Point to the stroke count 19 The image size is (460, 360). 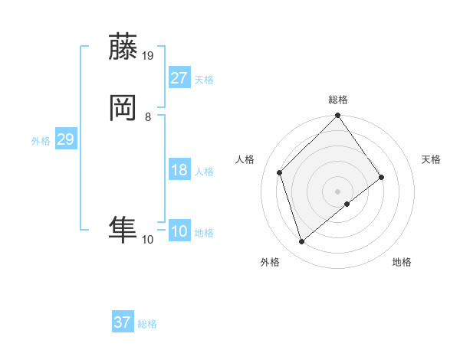click(x=148, y=56)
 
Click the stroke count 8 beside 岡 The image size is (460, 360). click(x=148, y=117)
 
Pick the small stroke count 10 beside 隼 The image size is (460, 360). click(x=148, y=240)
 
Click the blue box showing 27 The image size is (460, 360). click(x=179, y=78)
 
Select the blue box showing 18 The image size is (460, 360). click(x=179, y=170)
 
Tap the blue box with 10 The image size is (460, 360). click(x=179, y=231)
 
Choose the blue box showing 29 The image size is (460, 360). click(x=66, y=139)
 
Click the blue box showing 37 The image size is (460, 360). click(x=123, y=322)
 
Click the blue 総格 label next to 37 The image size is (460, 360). click(x=147, y=324)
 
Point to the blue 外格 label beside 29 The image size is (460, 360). click(x=41, y=141)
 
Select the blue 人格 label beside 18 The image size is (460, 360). click(x=205, y=172)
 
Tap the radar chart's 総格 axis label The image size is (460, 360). click(x=338, y=100)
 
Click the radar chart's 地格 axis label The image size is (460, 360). click(x=402, y=262)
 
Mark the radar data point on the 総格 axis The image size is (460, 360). click(x=338, y=116)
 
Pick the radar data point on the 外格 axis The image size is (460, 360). click(x=301, y=242)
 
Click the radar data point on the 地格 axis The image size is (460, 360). click(x=347, y=204)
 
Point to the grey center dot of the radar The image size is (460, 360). click(x=338, y=191)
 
